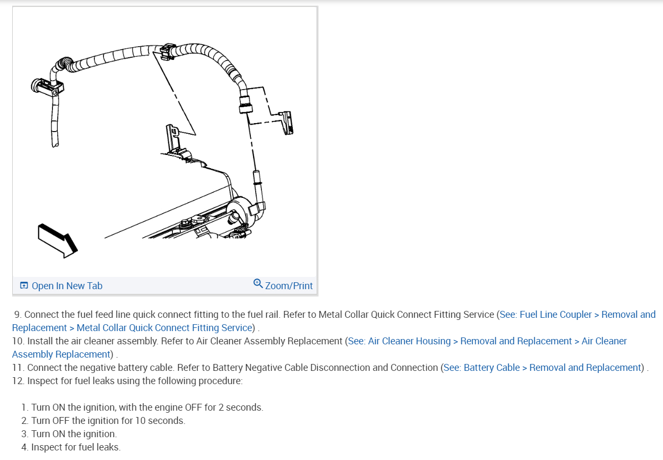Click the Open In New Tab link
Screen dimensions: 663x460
[x=67, y=286]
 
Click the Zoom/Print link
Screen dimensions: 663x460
[x=289, y=286]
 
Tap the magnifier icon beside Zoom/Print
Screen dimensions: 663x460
[x=258, y=283]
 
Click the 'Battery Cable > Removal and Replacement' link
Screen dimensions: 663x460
[x=542, y=368]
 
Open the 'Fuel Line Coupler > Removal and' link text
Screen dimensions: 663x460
[x=577, y=315]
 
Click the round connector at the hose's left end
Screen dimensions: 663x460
[x=39, y=85]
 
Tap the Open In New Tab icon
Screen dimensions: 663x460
[x=24, y=286]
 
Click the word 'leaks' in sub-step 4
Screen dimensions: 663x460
[x=108, y=447]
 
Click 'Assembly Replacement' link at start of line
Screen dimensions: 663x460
[x=61, y=354]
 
